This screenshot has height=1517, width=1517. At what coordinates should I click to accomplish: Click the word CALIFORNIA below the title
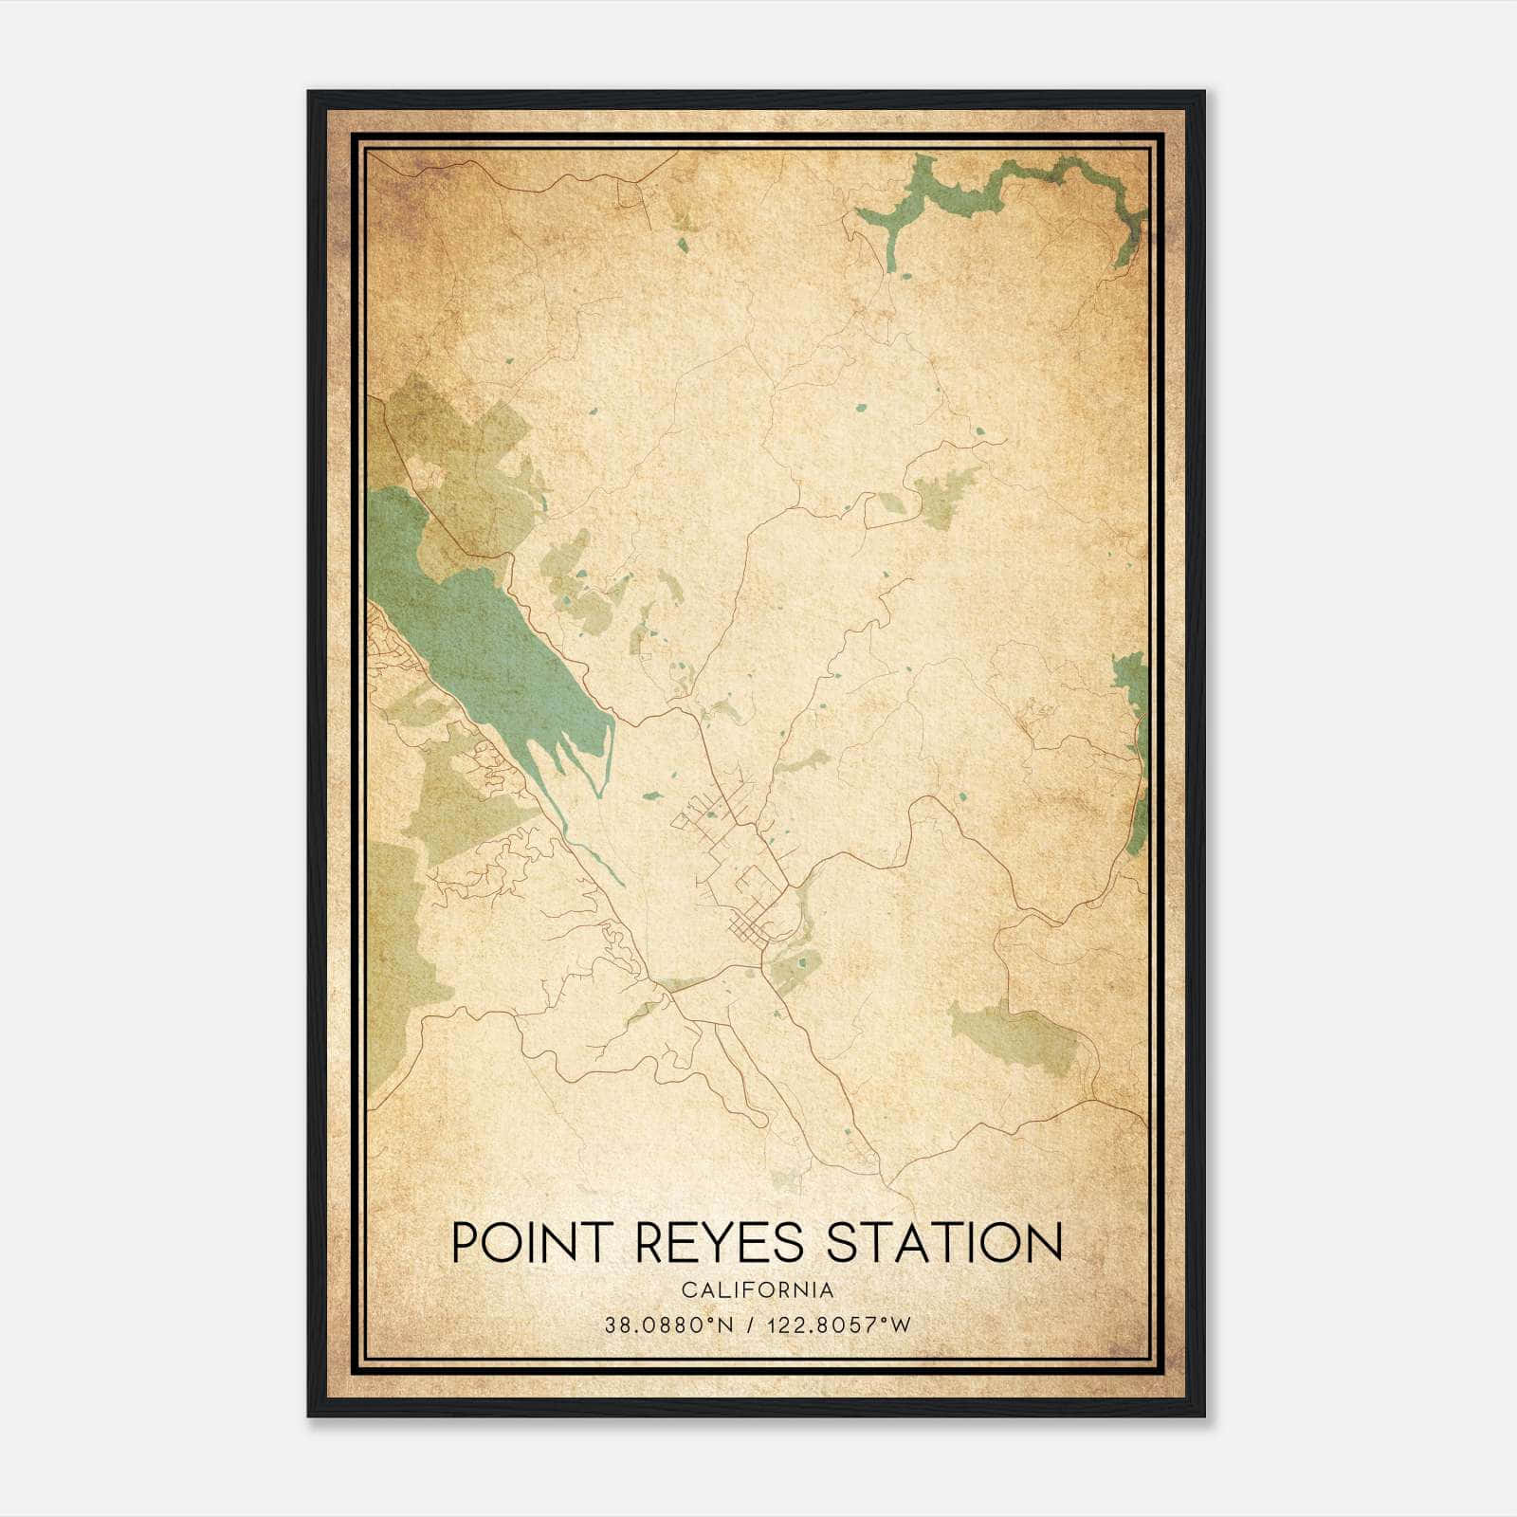757,1290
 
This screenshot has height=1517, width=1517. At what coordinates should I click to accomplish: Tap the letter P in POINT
465,1243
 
